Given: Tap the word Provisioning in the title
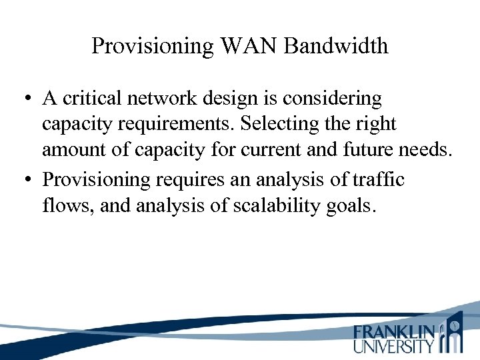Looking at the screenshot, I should click(151, 46).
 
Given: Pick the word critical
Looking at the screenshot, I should click(95, 99).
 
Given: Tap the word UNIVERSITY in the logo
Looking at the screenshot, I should click(394, 346).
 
